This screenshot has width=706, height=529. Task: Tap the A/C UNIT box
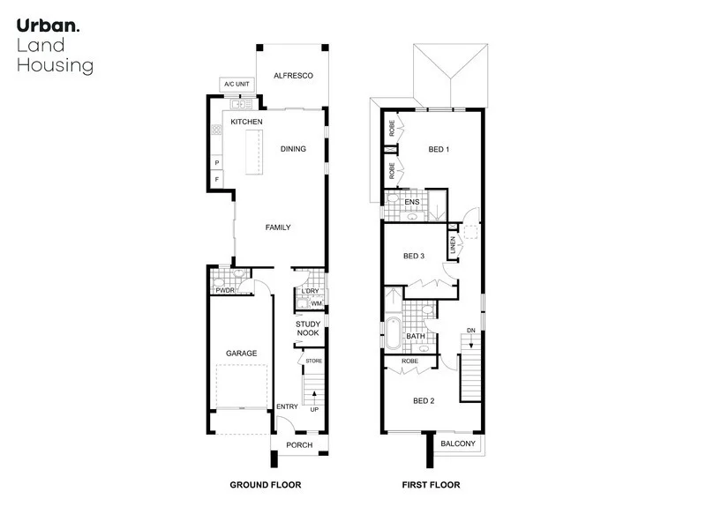pos(237,85)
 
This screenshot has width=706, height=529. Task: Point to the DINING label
pos(293,149)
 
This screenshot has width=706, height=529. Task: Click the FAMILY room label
pos(278,227)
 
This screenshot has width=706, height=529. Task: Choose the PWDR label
pos(222,288)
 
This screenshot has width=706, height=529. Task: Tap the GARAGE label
pos(241,354)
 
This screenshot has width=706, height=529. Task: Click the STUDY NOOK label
pos(308,329)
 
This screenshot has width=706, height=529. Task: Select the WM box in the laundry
pos(315,304)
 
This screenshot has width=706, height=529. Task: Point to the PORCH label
pos(299,445)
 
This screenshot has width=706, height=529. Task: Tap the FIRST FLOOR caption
pos(432,485)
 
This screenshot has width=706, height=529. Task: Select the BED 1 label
pos(439,149)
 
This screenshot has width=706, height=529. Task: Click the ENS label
pos(411,203)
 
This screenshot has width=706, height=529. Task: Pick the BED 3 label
pos(414,257)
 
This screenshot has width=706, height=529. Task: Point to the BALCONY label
pos(458,443)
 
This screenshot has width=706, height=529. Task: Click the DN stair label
pos(471,331)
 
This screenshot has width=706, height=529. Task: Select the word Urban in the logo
pos(46,26)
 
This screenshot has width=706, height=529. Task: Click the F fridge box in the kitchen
pos(216,180)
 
